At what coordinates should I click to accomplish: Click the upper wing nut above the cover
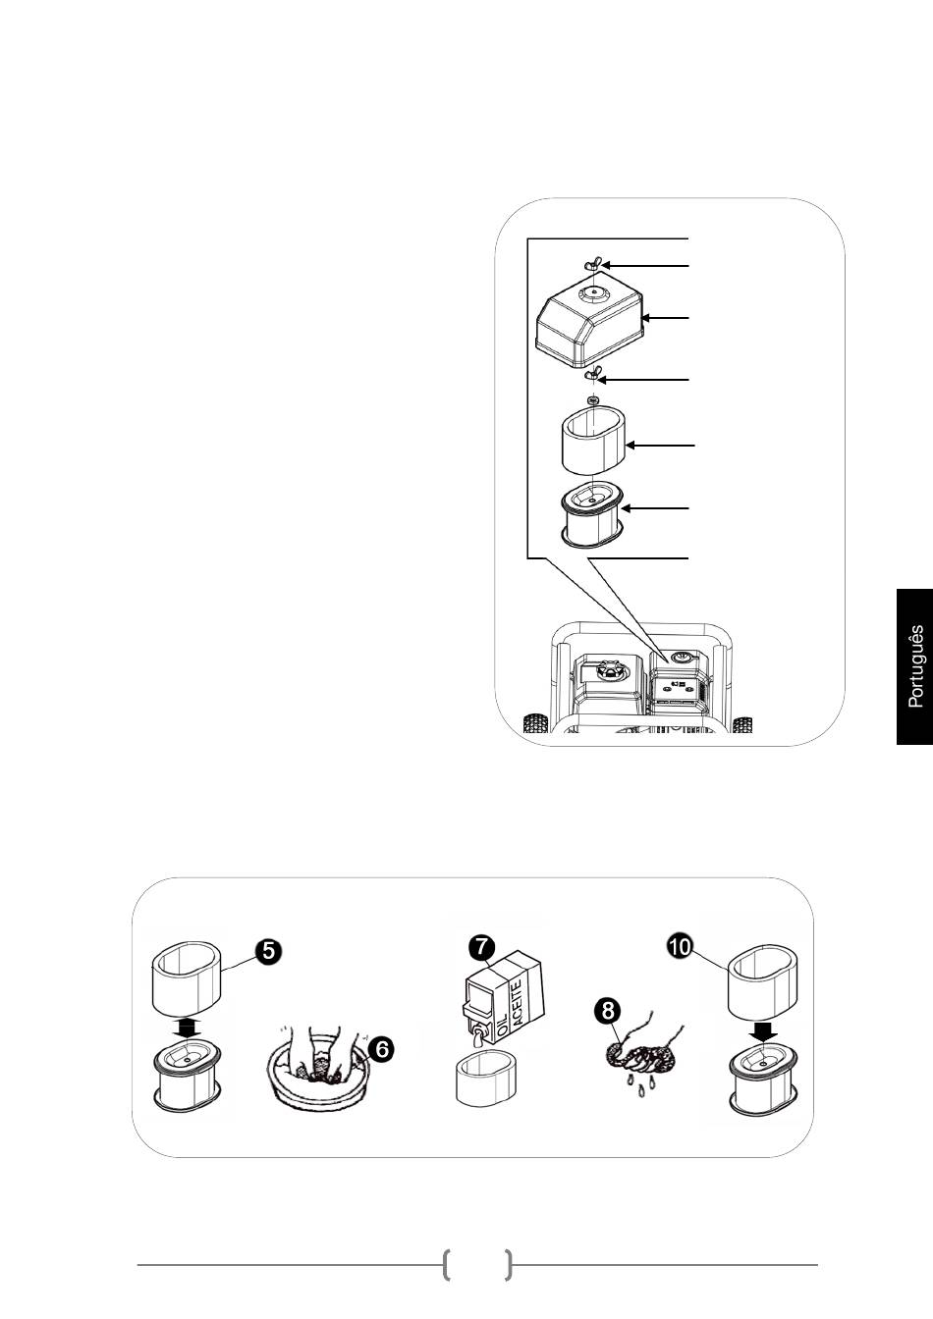[x=593, y=264]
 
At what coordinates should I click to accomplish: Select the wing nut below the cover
[x=591, y=376]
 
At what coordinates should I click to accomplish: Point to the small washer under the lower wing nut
[x=593, y=400]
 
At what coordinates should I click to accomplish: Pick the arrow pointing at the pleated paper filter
[x=654, y=508]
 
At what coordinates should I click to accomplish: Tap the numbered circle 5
[x=267, y=951]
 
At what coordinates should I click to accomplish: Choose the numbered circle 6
[x=381, y=1050]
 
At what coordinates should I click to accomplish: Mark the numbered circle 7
[x=481, y=946]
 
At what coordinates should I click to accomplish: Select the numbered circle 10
[x=680, y=947]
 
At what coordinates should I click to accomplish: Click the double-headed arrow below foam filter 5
[x=187, y=1029]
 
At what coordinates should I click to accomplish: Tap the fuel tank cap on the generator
[x=607, y=669]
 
